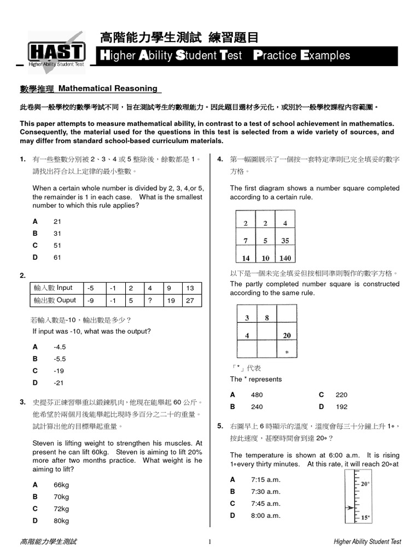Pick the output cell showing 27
pyautogui.click(x=190, y=300)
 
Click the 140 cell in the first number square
pyautogui.click(x=285, y=258)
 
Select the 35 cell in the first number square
pyautogui.click(x=285, y=241)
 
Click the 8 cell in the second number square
pyautogui.click(x=266, y=318)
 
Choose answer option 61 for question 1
pyautogui.click(x=57, y=257)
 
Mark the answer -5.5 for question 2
pyautogui.click(x=60, y=359)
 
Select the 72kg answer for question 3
pyautogui.click(x=61, y=509)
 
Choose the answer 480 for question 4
pyautogui.click(x=256, y=395)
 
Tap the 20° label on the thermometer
pyautogui.click(x=365, y=484)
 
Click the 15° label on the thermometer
pyautogui.click(x=365, y=517)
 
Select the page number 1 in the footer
pyautogui.click(x=210, y=542)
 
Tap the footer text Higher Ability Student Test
pyautogui.click(x=367, y=542)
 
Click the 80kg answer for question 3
pyautogui.click(x=61, y=521)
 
